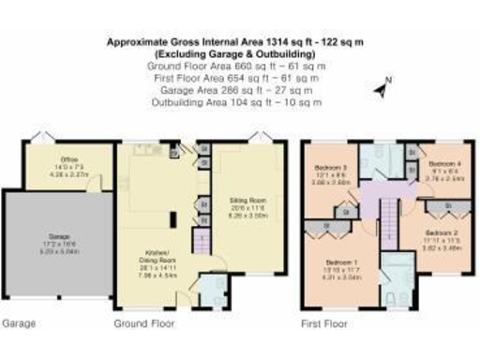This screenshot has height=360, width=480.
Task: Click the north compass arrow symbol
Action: point(380,90)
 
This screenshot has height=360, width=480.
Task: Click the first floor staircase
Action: point(382,225)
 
